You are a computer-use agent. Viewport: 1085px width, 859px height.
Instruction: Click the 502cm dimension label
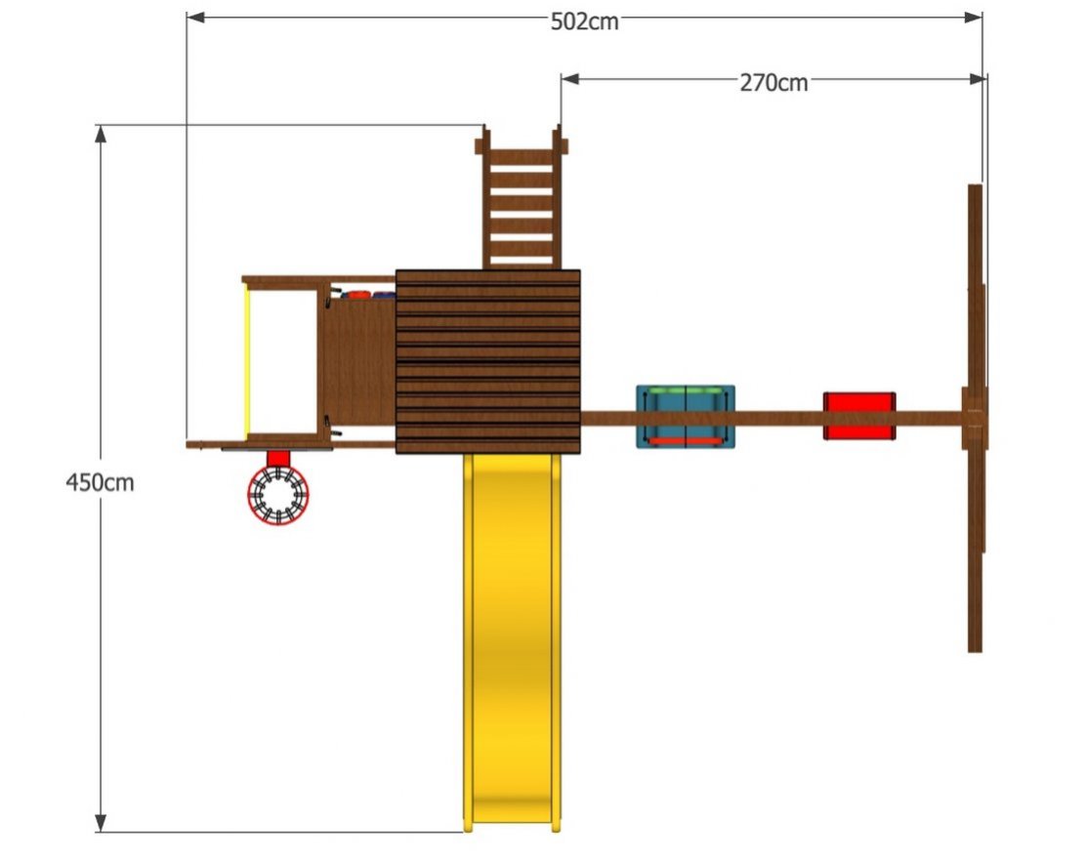point(584,22)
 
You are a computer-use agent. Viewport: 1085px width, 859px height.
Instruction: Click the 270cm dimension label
point(773,83)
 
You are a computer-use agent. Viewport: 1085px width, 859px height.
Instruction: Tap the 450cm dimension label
point(100,482)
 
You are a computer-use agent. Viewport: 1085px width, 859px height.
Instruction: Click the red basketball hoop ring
point(278,495)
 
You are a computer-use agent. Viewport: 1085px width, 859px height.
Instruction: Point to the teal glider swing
point(685,417)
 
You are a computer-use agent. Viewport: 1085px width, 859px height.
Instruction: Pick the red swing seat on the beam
point(859,416)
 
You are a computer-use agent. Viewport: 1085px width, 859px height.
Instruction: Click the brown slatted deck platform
point(488,362)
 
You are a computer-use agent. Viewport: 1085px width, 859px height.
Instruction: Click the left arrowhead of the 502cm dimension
point(196,18)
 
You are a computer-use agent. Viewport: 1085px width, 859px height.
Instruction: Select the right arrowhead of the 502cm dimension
point(973,18)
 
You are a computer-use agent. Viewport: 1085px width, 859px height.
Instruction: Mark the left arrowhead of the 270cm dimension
point(570,79)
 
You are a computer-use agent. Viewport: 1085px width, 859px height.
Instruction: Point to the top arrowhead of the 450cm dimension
point(101,134)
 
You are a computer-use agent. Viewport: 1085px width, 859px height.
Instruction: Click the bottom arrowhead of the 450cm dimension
point(101,822)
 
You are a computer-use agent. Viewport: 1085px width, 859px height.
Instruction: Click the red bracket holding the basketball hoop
point(278,459)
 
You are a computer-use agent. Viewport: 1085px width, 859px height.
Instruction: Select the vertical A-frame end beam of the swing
point(975,418)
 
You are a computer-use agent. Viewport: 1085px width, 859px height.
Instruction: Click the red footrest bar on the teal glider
point(685,440)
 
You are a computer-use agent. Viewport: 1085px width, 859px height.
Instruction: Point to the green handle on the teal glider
point(685,391)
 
